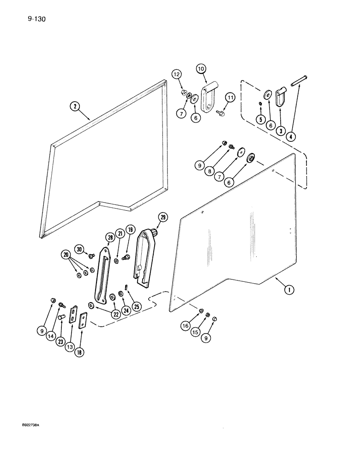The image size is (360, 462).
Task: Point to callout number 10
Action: tap(201, 69)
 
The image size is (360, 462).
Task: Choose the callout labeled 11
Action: tap(230, 97)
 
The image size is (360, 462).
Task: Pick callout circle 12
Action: tap(178, 74)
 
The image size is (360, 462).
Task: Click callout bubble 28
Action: tap(110, 237)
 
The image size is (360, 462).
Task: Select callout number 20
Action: tap(66, 255)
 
